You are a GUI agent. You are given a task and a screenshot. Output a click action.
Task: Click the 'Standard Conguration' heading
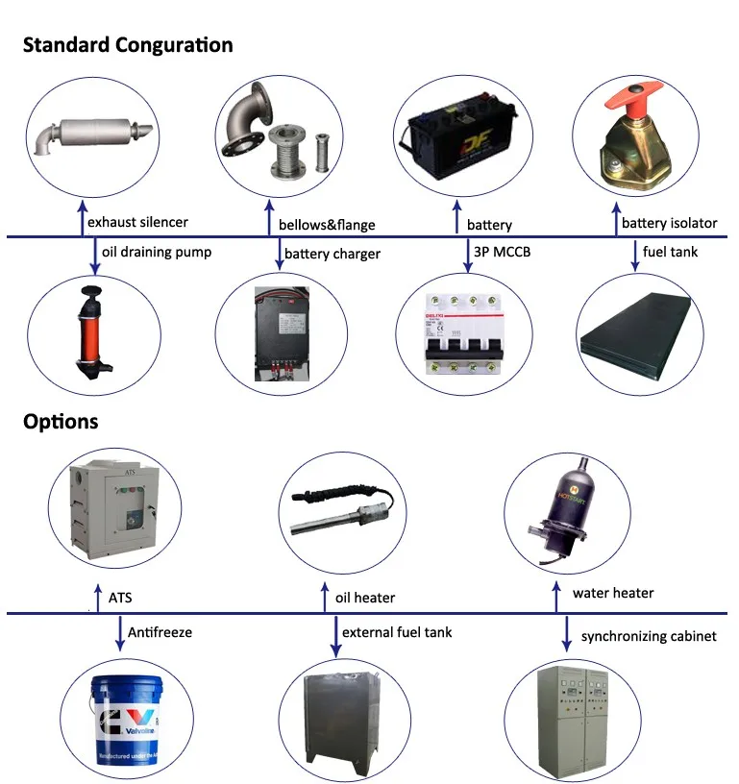click(128, 45)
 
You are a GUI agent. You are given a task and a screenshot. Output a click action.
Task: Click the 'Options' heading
click(61, 422)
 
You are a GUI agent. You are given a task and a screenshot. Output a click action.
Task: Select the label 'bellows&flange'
click(327, 225)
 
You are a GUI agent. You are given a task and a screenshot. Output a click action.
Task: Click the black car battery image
click(457, 136)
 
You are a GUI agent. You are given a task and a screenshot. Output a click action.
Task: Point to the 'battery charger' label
click(332, 255)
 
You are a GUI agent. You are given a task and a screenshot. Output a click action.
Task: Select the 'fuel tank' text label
click(670, 253)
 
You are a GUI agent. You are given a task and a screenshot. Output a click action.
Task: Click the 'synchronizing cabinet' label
click(649, 636)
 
